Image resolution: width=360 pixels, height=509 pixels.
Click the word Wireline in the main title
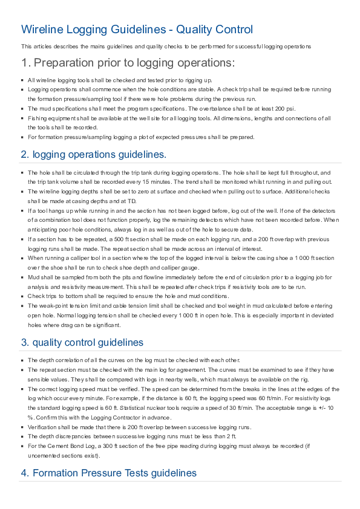click(x=43, y=29)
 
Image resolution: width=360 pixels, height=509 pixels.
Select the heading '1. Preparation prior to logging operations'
click(x=128, y=63)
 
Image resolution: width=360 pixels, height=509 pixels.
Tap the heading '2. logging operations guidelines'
click(x=93, y=154)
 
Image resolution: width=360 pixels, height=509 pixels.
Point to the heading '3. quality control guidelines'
click(x=82, y=342)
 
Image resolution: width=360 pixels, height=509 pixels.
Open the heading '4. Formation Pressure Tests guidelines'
click(x=108, y=473)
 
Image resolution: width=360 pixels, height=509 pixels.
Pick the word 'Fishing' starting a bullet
click(x=38, y=118)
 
